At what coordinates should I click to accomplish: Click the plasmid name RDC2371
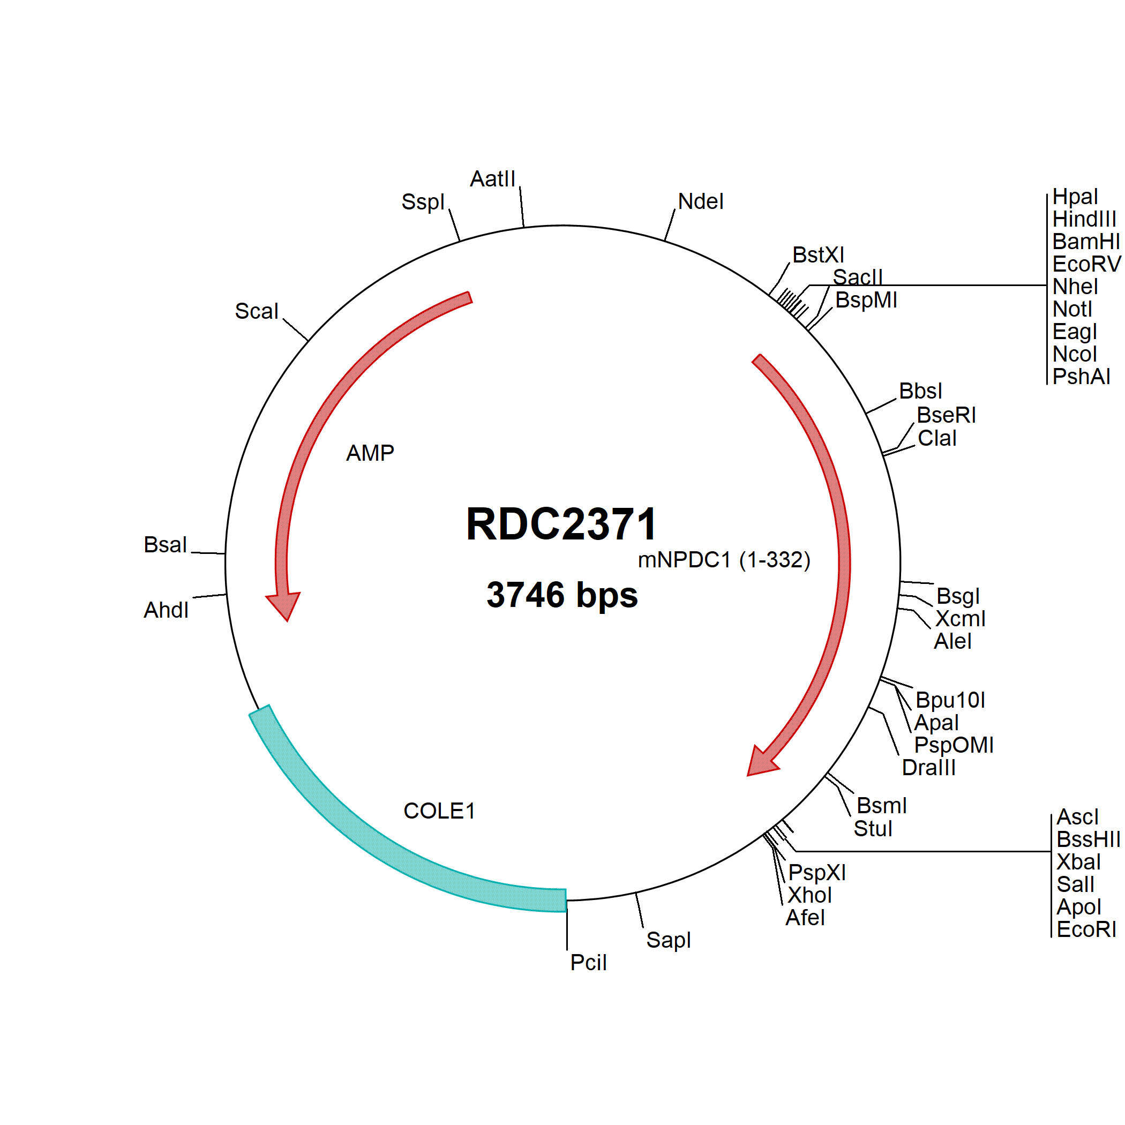coord(561,524)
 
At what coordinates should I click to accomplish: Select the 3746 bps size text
coord(562,595)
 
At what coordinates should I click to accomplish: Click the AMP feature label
coord(370,453)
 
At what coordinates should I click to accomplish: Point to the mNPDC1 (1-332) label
coord(724,560)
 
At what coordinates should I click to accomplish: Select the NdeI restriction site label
coord(701,201)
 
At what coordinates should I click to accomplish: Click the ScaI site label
coord(256,311)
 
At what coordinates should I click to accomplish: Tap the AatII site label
coord(493,179)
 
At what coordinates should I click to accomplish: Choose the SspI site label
coord(423,202)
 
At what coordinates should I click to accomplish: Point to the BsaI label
coord(165,545)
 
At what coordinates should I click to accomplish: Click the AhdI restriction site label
coord(166,610)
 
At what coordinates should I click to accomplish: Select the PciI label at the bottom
coord(588,963)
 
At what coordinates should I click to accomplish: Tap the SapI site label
coord(669,940)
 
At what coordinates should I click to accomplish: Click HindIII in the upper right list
coord(1084,220)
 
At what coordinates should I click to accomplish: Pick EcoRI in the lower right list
coord(1086,929)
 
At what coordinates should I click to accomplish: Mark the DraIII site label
coord(929,768)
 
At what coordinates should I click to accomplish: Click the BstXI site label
coord(818,255)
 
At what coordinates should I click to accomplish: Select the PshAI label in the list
coord(1081,377)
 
